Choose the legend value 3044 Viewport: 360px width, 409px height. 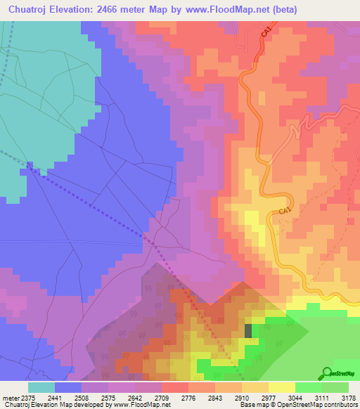point(295,398)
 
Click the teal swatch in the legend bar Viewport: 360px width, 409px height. point(41,387)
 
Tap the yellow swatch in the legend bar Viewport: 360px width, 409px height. point(281,387)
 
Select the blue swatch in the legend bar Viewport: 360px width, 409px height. point(68,387)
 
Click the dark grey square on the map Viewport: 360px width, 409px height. point(247,330)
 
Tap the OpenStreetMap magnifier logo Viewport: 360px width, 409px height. point(327,373)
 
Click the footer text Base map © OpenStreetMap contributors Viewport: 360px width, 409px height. point(297,405)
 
